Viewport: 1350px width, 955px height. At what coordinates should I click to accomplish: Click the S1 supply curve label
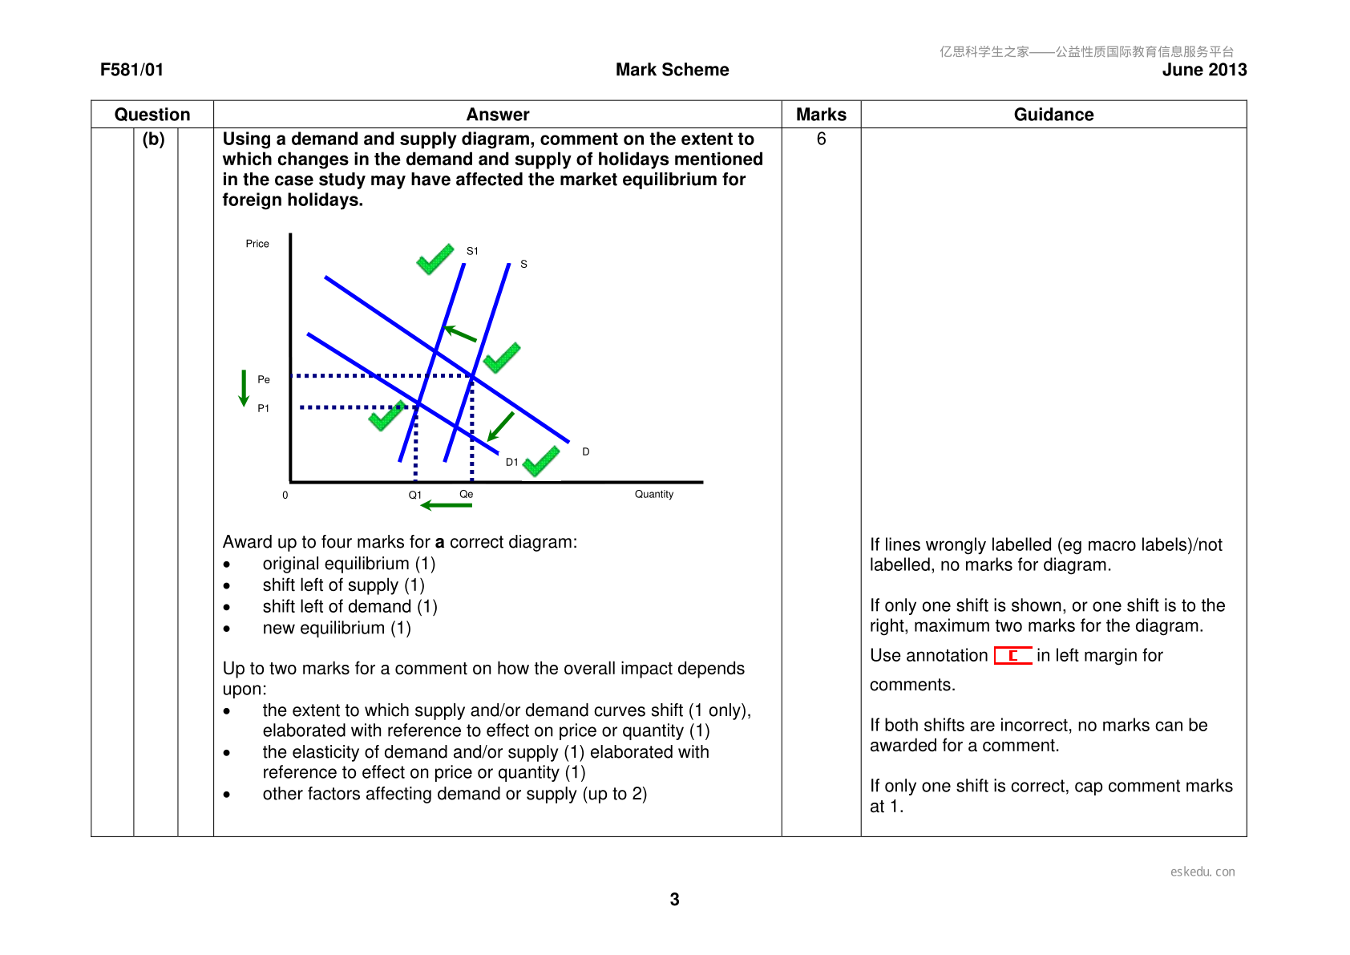tap(472, 251)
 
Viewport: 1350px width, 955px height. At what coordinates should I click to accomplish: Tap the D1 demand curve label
tap(511, 462)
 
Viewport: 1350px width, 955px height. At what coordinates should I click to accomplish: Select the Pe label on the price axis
tap(264, 379)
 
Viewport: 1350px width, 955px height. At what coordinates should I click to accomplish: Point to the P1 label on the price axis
tap(264, 408)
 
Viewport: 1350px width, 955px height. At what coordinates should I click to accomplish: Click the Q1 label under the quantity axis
tap(414, 495)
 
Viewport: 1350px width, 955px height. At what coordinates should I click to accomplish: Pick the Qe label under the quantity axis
tap(466, 494)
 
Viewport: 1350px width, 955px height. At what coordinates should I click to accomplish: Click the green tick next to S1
tap(435, 259)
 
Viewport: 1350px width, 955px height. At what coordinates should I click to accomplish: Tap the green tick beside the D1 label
tap(541, 461)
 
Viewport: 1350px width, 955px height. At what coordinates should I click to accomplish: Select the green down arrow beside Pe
tap(244, 388)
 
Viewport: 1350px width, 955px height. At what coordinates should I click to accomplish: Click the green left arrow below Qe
tap(446, 505)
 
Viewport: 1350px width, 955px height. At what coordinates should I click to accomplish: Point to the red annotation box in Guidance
tap(1012, 655)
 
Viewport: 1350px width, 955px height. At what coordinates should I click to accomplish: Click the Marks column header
tap(821, 115)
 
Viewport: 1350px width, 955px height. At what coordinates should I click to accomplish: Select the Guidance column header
tap(1053, 115)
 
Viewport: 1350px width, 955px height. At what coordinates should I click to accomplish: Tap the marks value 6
tap(821, 140)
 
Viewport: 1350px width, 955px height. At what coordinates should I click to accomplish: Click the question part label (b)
tap(153, 140)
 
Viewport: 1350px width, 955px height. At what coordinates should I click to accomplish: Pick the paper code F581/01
tap(131, 70)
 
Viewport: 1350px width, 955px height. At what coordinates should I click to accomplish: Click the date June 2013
tap(1204, 70)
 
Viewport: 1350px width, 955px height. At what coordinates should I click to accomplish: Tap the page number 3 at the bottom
tap(674, 900)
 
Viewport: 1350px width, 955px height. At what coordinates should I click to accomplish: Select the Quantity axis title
tap(654, 494)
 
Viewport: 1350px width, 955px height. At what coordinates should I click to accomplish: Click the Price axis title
tap(257, 244)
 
